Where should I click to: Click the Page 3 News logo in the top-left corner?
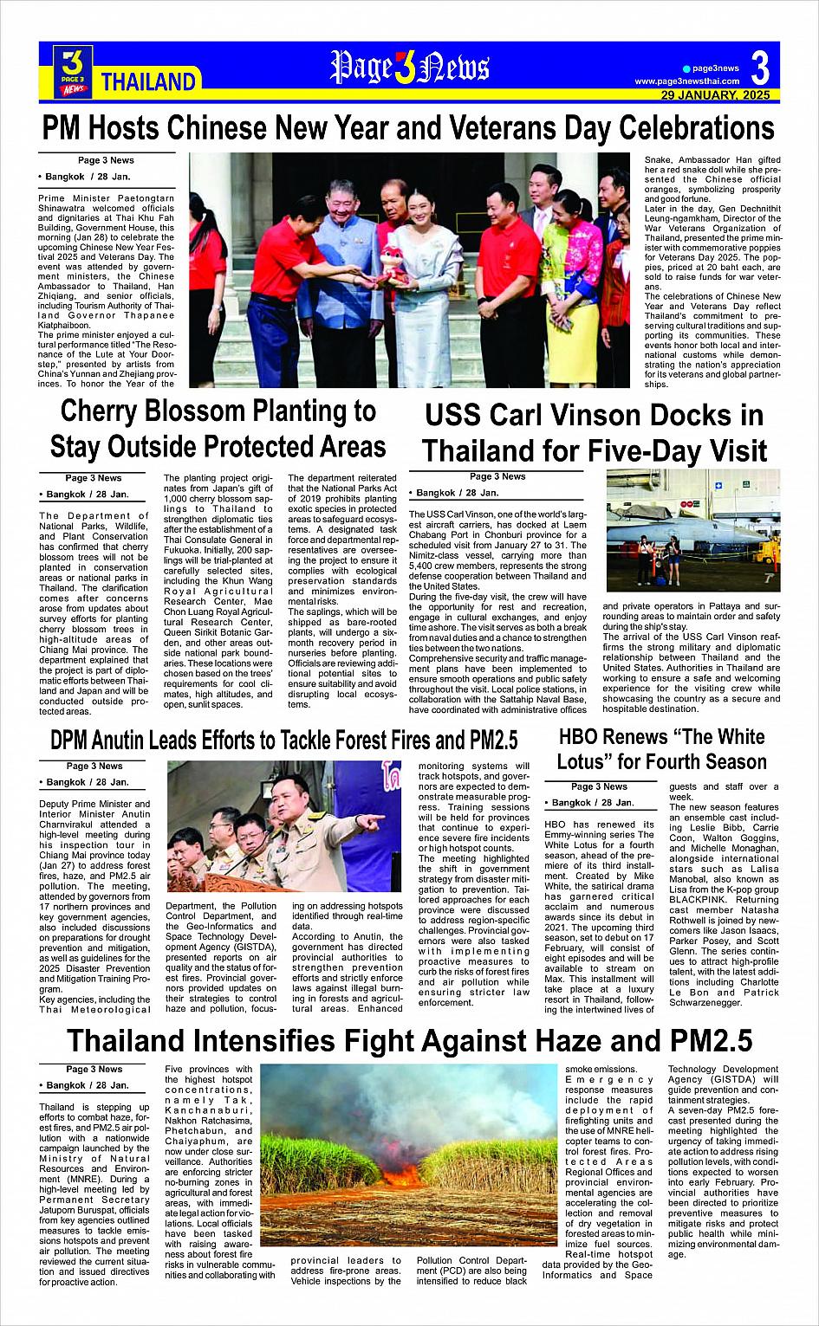tap(73, 71)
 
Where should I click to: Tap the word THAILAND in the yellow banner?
tap(148, 82)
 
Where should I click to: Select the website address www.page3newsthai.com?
tap(686, 81)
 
